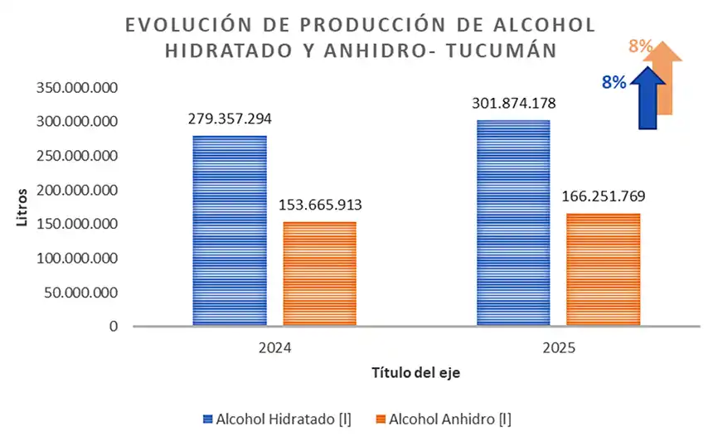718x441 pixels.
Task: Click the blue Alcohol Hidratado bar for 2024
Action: (230, 230)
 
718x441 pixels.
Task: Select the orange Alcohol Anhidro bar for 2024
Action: (319, 274)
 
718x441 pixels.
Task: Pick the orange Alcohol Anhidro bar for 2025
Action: (603, 269)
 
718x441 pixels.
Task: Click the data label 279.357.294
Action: (230, 119)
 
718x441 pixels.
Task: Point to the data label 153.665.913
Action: (320, 205)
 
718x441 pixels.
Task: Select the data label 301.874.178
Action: (513, 104)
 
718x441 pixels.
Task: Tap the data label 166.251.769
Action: (604, 196)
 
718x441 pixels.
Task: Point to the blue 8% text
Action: (614, 82)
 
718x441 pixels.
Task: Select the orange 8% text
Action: (639, 46)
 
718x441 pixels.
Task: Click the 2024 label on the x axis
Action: (274, 350)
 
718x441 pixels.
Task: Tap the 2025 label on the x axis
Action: (558, 350)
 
